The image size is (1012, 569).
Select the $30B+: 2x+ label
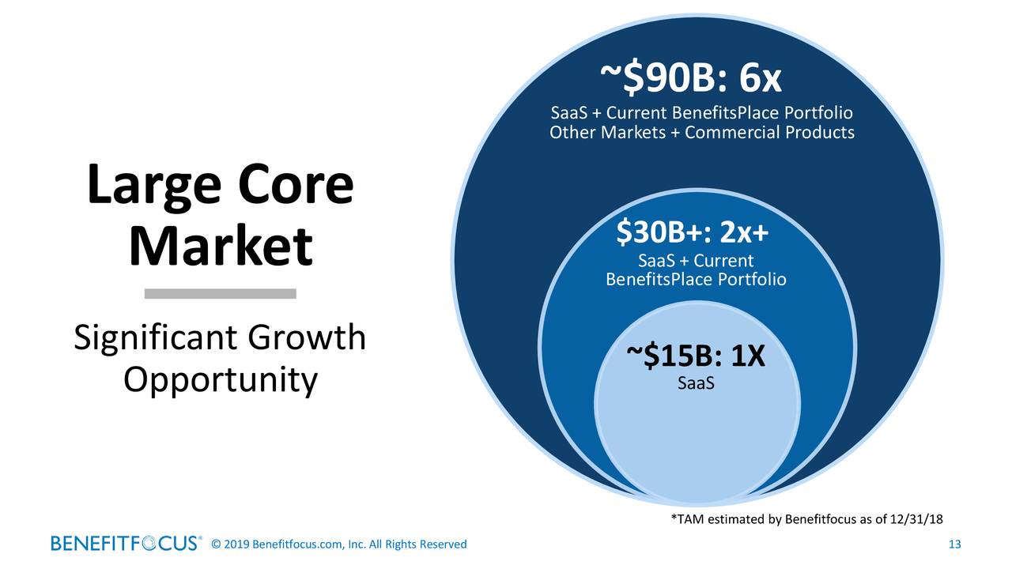pos(693,233)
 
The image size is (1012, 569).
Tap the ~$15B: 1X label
pos(695,358)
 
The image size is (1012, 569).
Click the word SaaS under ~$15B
pos(696,384)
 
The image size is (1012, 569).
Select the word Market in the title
pos(221,247)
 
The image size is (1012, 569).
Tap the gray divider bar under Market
pos(221,293)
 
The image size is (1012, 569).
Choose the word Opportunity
pos(221,382)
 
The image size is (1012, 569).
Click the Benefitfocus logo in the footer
pos(126,544)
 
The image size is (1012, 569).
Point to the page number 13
pos(953,544)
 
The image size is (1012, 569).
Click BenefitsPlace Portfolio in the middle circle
pos(696,280)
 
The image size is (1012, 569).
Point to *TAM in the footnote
pos(685,518)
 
